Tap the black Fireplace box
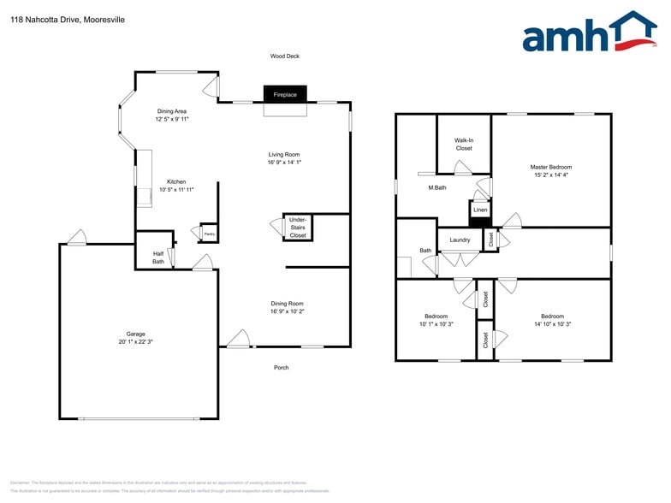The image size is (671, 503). click(285, 94)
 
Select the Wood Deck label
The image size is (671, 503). click(285, 56)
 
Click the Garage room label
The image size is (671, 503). click(135, 334)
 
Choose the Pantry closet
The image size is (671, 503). click(209, 234)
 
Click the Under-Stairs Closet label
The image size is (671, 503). click(298, 227)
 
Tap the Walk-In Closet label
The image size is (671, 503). click(463, 144)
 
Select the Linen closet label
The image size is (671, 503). click(480, 210)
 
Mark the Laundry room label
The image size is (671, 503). click(460, 240)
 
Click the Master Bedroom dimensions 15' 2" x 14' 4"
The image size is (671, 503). click(550, 175)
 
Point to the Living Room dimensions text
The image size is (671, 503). click(284, 162)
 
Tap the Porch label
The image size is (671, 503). click(281, 368)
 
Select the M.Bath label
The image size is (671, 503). click(437, 187)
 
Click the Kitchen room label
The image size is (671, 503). click(176, 181)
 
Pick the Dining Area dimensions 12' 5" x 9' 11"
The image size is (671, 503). click(172, 119)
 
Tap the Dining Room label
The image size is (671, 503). click(287, 304)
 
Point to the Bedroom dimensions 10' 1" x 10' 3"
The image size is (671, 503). click(436, 323)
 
